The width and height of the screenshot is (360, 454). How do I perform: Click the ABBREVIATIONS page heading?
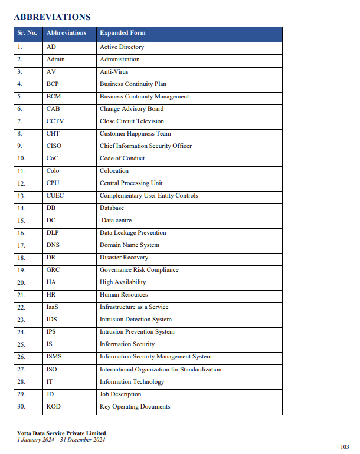(52, 17)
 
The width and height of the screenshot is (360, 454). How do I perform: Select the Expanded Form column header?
(122, 33)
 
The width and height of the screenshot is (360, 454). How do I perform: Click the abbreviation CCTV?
(55, 121)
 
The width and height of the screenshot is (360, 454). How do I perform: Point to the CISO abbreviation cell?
(54, 146)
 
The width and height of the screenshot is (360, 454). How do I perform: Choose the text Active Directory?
(122, 47)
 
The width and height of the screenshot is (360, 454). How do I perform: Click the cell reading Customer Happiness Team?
(135, 134)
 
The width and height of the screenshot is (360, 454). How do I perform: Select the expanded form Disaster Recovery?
(124, 258)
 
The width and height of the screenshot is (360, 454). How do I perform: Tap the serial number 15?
(21, 221)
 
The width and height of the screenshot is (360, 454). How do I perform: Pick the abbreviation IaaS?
(53, 307)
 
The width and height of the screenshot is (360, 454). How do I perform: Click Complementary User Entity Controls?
(149, 196)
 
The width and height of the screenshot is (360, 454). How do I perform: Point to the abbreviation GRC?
(53, 270)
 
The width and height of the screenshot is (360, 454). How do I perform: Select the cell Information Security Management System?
(155, 357)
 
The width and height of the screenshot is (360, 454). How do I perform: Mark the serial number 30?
(21, 407)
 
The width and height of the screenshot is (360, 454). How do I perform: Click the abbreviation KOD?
(53, 407)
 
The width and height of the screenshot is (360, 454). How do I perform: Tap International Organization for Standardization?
(161, 370)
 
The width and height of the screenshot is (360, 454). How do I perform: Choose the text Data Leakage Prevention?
(133, 233)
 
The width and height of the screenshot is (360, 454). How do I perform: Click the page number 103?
(345, 446)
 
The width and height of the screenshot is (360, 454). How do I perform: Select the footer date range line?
(61, 440)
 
